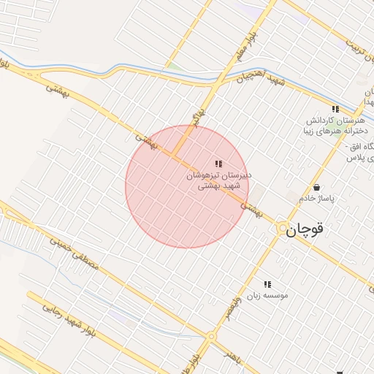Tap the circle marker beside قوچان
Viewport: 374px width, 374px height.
click(282, 229)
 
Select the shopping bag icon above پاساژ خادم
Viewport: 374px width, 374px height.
click(316, 187)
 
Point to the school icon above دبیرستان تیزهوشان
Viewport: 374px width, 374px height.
click(218, 164)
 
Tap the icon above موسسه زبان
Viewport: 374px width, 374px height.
click(267, 283)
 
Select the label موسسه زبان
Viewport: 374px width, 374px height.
click(267, 295)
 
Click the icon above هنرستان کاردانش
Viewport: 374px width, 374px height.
click(335, 109)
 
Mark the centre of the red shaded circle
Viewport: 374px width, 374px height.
click(187, 187)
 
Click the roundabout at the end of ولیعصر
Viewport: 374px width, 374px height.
click(211, 337)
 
